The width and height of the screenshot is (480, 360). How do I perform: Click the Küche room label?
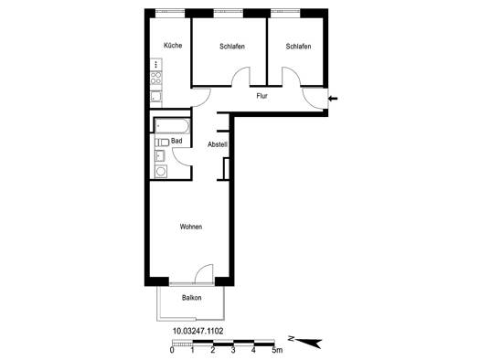click(x=173, y=46)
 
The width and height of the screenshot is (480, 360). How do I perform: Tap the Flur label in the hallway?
click(x=262, y=96)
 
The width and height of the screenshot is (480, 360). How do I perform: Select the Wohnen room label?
click(x=191, y=227)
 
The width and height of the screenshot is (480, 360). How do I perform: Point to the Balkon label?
click(x=192, y=298)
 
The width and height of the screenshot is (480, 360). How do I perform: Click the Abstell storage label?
click(x=218, y=144)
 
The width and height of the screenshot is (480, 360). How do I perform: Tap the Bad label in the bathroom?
click(x=176, y=141)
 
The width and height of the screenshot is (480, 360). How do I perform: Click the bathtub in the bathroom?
click(x=172, y=126)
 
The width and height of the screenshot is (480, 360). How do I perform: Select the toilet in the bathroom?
click(x=162, y=143)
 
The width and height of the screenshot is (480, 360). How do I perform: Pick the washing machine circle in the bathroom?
click(x=161, y=171)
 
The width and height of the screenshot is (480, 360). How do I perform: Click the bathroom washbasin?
click(x=160, y=155)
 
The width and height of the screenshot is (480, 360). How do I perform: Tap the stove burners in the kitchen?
click(x=155, y=78)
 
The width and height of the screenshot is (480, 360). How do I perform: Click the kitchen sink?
click(x=155, y=97)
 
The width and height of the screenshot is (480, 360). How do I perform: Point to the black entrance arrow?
click(x=333, y=99)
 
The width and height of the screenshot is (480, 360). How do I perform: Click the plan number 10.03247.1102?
click(x=198, y=331)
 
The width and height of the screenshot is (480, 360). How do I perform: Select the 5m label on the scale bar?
click(x=277, y=350)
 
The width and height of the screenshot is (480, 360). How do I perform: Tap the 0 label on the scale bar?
click(x=172, y=350)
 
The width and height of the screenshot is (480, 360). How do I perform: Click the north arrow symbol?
click(x=310, y=343)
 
